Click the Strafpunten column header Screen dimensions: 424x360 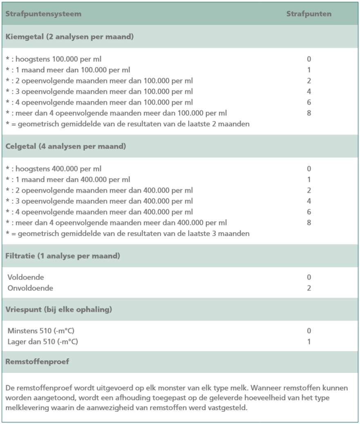click(309, 14)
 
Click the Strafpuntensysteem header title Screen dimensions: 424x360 click(43, 14)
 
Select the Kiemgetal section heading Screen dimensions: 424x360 click(70, 36)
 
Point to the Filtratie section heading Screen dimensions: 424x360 click(63, 256)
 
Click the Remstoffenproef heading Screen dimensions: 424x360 click(37, 362)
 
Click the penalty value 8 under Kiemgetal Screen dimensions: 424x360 click(309, 113)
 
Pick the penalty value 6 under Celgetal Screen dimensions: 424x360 click(309, 212)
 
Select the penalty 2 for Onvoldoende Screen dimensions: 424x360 click(309, 288)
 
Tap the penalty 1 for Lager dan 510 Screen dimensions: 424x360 click(309, 342)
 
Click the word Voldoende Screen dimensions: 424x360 click(26, 278)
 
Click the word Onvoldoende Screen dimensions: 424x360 click(30, 288)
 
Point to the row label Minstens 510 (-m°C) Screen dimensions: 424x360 click(41, 331)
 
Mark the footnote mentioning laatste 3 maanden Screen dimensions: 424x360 click(127, 234)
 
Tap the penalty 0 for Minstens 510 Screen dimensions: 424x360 click(309, 331)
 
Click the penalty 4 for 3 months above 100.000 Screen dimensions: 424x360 click(309, 92)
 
